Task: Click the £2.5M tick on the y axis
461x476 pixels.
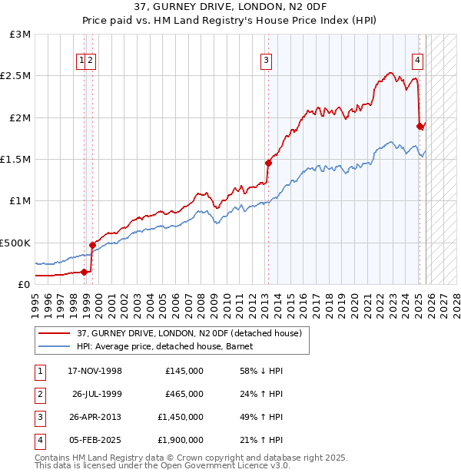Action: (17, 76)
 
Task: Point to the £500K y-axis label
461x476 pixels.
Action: (15, 243)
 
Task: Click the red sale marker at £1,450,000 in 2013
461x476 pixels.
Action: (268, 163)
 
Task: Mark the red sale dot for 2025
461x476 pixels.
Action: (420, 125)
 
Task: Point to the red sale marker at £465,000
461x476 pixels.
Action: (92, 245)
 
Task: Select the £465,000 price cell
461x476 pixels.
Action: (184, 394)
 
